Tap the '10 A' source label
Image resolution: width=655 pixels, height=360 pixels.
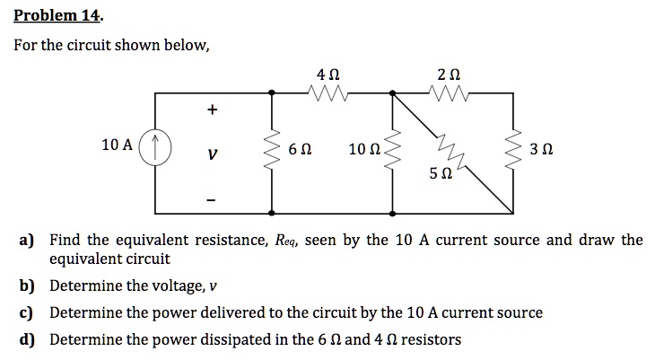point(118,145)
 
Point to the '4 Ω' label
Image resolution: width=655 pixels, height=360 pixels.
point(327,72)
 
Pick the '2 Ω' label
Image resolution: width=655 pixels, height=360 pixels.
point(450,72)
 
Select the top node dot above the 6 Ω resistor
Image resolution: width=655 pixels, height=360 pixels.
point(274,92)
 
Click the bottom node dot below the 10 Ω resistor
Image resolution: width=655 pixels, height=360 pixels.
point(393,213)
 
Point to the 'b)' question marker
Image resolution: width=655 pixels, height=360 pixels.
point(30,285)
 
